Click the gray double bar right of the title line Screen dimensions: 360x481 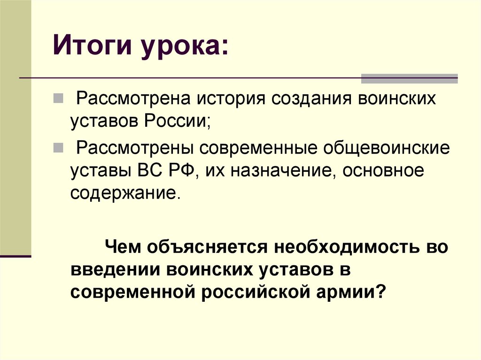tap(409, 78)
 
